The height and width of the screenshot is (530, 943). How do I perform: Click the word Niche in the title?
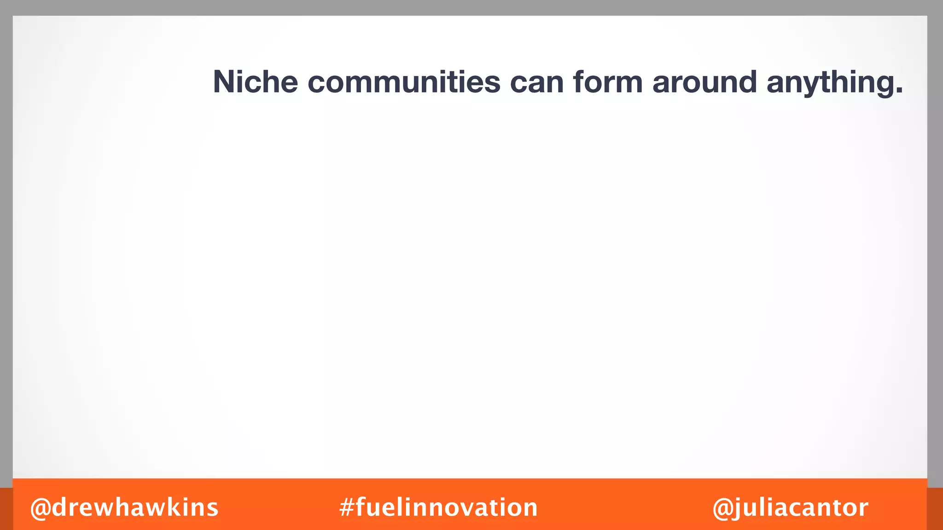(x=256, y=82)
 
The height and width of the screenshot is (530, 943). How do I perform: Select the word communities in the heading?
(x=404, y=82)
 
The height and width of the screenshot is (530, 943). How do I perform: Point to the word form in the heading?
(x=608, y=82)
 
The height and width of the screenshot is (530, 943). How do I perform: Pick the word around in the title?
(x=704, y=82)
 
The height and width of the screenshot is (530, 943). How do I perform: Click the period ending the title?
(x=898, y=92)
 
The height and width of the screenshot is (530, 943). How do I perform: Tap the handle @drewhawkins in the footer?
(x=124, y=507)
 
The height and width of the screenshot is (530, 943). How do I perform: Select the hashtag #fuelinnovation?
(x=438, y=507)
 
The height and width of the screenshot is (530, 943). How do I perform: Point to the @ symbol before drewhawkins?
(x=41, y=508)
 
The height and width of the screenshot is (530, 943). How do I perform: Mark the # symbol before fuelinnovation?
(x=346, y=508)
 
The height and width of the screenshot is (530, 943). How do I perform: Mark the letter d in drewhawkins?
(x=62, y=507)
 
